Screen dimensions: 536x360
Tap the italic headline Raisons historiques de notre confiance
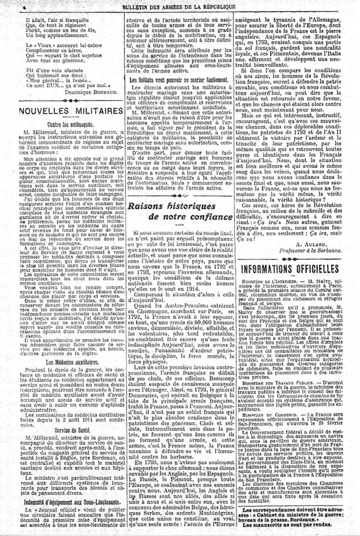tap(179, 211)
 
